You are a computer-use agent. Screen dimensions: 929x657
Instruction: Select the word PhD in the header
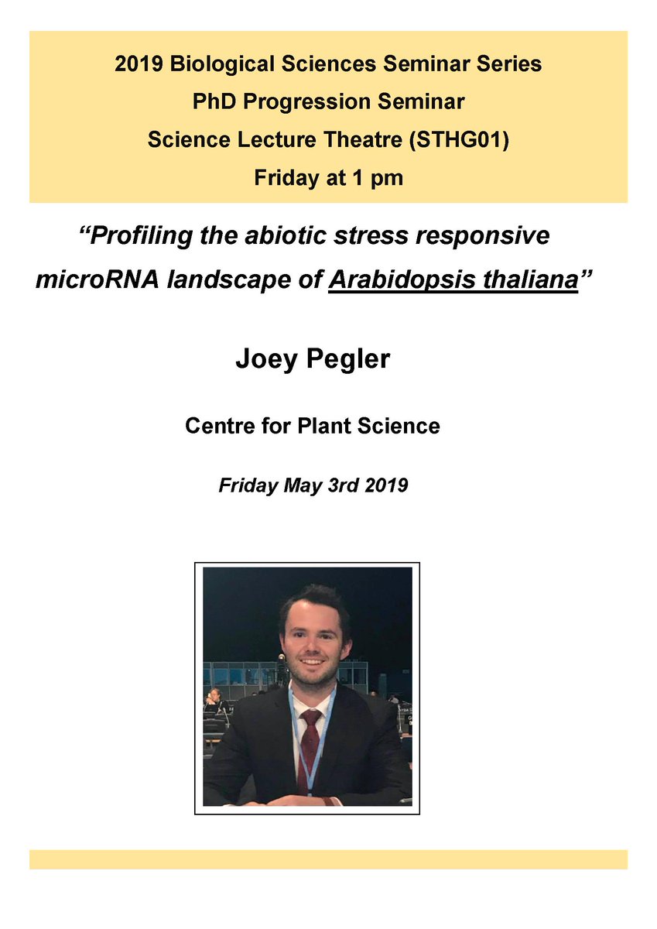211,102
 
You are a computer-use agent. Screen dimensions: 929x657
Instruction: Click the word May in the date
300,486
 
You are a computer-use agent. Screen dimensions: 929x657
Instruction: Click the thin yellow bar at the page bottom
328,859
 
